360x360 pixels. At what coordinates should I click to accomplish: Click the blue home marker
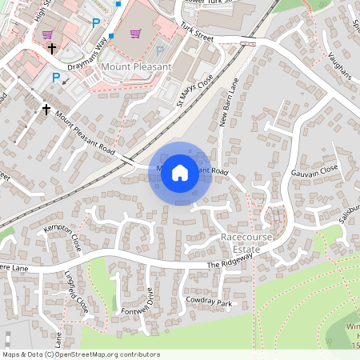point(179,171)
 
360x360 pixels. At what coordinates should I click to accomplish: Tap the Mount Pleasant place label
point(137,67)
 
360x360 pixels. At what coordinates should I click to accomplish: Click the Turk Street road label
point(198,34)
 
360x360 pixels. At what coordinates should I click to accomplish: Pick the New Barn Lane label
point(229,100)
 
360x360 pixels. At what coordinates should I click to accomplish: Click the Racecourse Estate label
point(248,244)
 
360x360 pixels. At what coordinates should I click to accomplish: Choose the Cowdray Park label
point(208,304)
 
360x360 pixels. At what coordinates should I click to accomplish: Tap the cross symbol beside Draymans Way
point(52,49)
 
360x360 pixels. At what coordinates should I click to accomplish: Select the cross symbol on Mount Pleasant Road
point(46,109)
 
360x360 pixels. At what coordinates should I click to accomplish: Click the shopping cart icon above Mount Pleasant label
point(135,34)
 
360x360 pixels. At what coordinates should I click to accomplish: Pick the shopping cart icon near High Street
point(48,34)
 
